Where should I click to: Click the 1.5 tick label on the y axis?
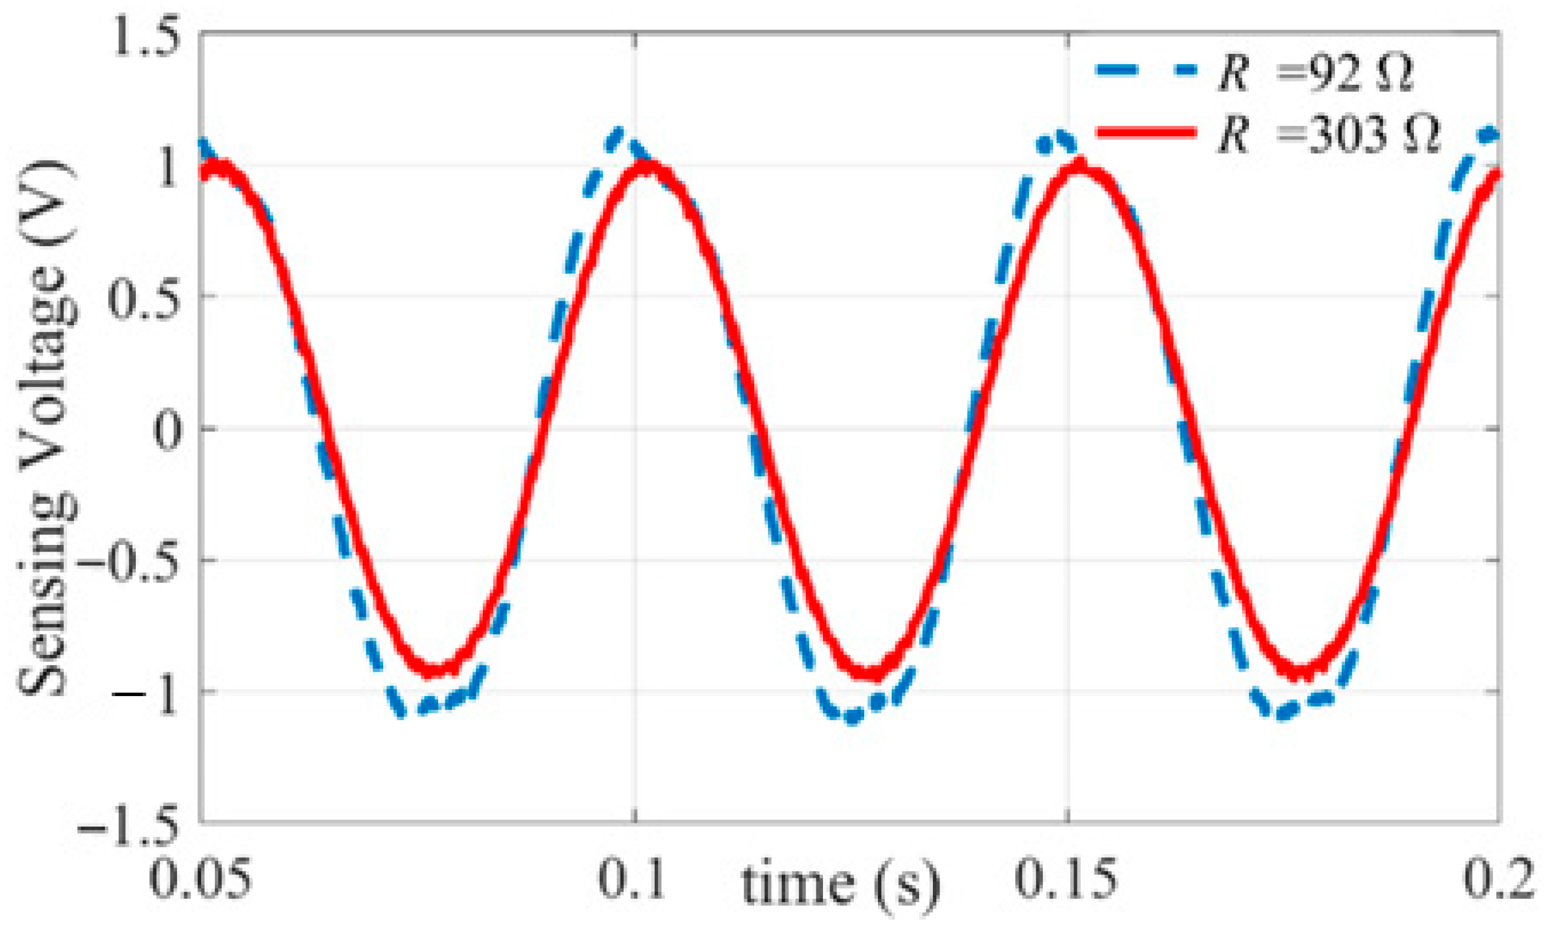145,39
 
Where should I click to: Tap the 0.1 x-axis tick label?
631,879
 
